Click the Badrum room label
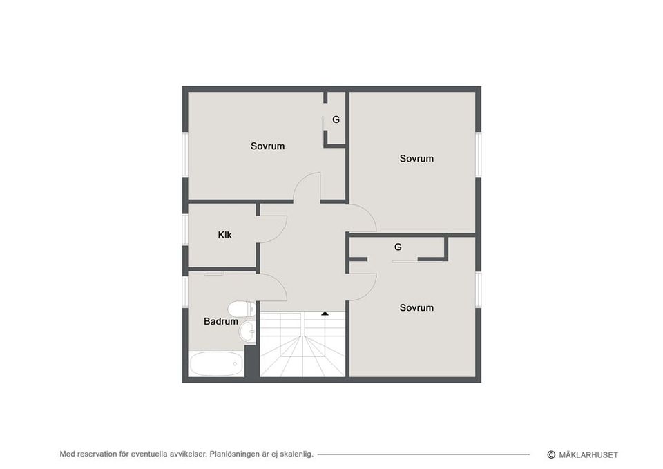click(221, 321)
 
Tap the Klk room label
click(224, 235)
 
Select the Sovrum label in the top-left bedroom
click(267, 146)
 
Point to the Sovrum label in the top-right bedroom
click(416, 159)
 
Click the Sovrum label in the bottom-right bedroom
click(416, 308)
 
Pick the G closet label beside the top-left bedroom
click(336, 119)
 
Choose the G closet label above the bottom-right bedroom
click(398, 247)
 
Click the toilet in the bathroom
click(242, 309)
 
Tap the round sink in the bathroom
click(247, 330)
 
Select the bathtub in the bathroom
click(216, 363)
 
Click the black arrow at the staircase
click(325, 314)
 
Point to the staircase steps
click(302, 344)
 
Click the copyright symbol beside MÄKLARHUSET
click(551, 454)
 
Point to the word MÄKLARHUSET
click(588, 455)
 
